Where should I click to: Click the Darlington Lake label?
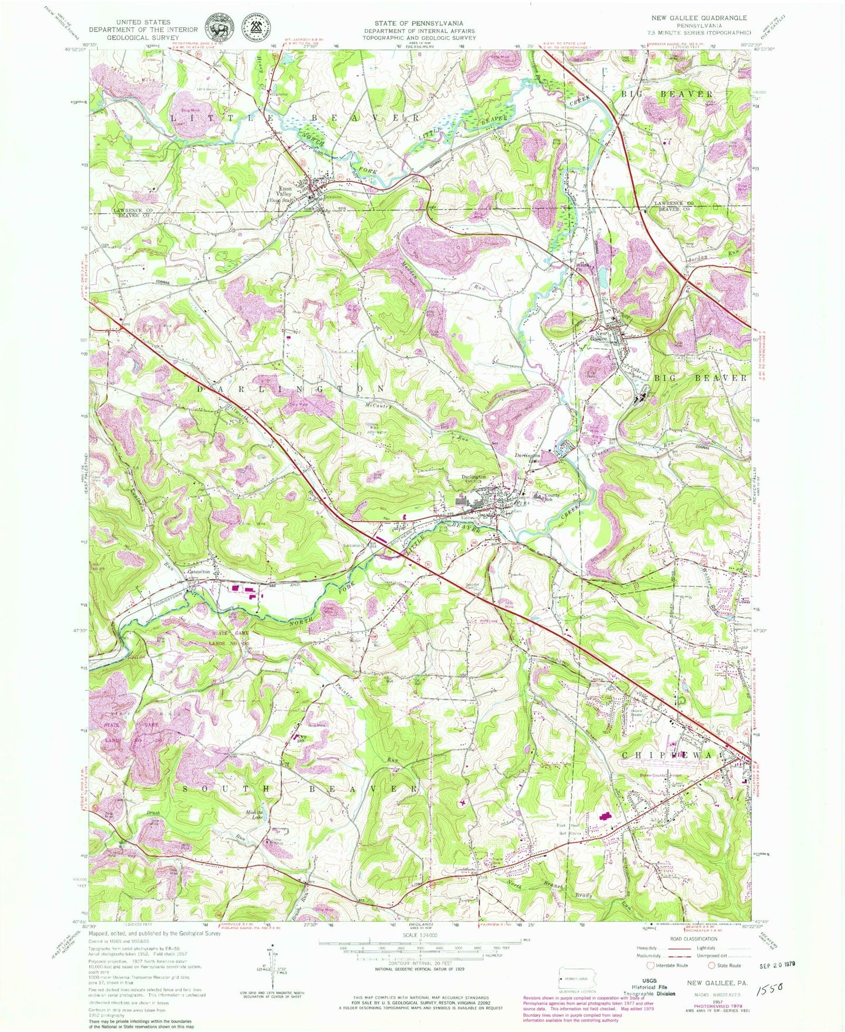click(527, 458)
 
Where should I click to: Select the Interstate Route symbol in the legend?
click(651, 965)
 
